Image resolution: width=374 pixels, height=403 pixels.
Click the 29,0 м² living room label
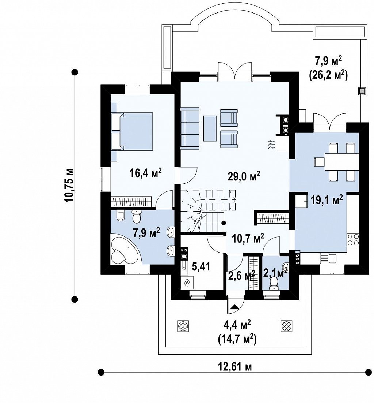tap(244, 176)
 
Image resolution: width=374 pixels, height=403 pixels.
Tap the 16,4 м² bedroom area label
tap(146, 173)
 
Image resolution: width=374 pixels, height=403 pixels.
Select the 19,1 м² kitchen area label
tap(327, 199)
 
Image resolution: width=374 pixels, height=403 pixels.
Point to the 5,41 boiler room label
tap(201, 266)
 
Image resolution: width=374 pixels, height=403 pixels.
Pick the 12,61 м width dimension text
tap(234, 366)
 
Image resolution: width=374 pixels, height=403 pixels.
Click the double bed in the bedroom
tap(132, 131)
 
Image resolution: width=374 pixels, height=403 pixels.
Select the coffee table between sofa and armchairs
tap(210, 128)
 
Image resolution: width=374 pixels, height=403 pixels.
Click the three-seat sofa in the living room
tap(190, 128)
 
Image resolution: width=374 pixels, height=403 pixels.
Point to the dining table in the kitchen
tap(341, 162)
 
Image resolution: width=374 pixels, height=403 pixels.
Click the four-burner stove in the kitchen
tap(353, 239)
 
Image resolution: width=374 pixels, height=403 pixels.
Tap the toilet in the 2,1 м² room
tap(274, 284)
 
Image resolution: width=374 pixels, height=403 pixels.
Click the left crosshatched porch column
tap(183, 326)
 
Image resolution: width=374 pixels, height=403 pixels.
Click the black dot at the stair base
tap(224, 223)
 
